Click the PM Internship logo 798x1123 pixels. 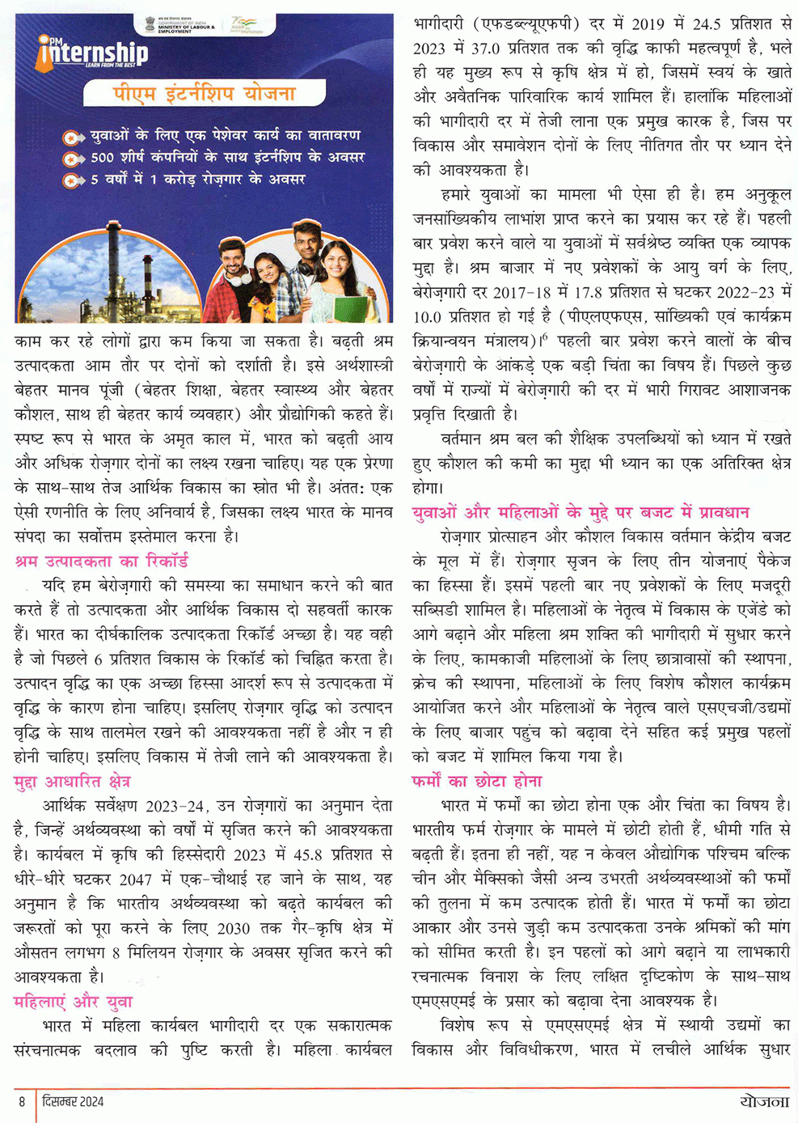coord(93,56)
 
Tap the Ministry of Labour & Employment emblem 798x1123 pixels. coord(151,24)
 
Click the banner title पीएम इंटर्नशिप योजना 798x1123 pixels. coord(204,94)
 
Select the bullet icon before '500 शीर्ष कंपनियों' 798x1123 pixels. coord(74,159)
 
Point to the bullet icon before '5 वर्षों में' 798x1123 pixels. coord(74,180)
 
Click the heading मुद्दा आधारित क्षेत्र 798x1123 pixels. coord(72,782)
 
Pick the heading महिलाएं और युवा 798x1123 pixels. coord(73,1002)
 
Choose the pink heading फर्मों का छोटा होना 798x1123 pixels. coord(476,782)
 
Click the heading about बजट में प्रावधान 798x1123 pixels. coord(580,512)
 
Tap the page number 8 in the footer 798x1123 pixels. coord(23,1101)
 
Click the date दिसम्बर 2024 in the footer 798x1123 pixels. coord(73,1101)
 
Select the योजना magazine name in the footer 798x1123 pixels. coord(763,1101)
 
